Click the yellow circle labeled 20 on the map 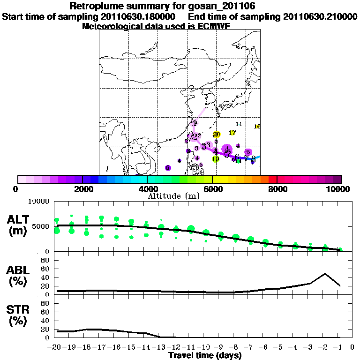click(x=217, y=135)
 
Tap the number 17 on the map click(x=232, y=133)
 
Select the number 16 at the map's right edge click(x=257, y=127)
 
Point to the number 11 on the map click(x=239, y=124)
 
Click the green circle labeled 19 click(x=216, y=159)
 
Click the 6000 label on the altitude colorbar click(x=212, y=189)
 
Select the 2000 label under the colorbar click(x=82, y=189)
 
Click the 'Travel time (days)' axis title click(x=205, y=355)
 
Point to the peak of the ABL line click(x=325, y=273)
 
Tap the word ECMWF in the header click(x=214, y=26)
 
